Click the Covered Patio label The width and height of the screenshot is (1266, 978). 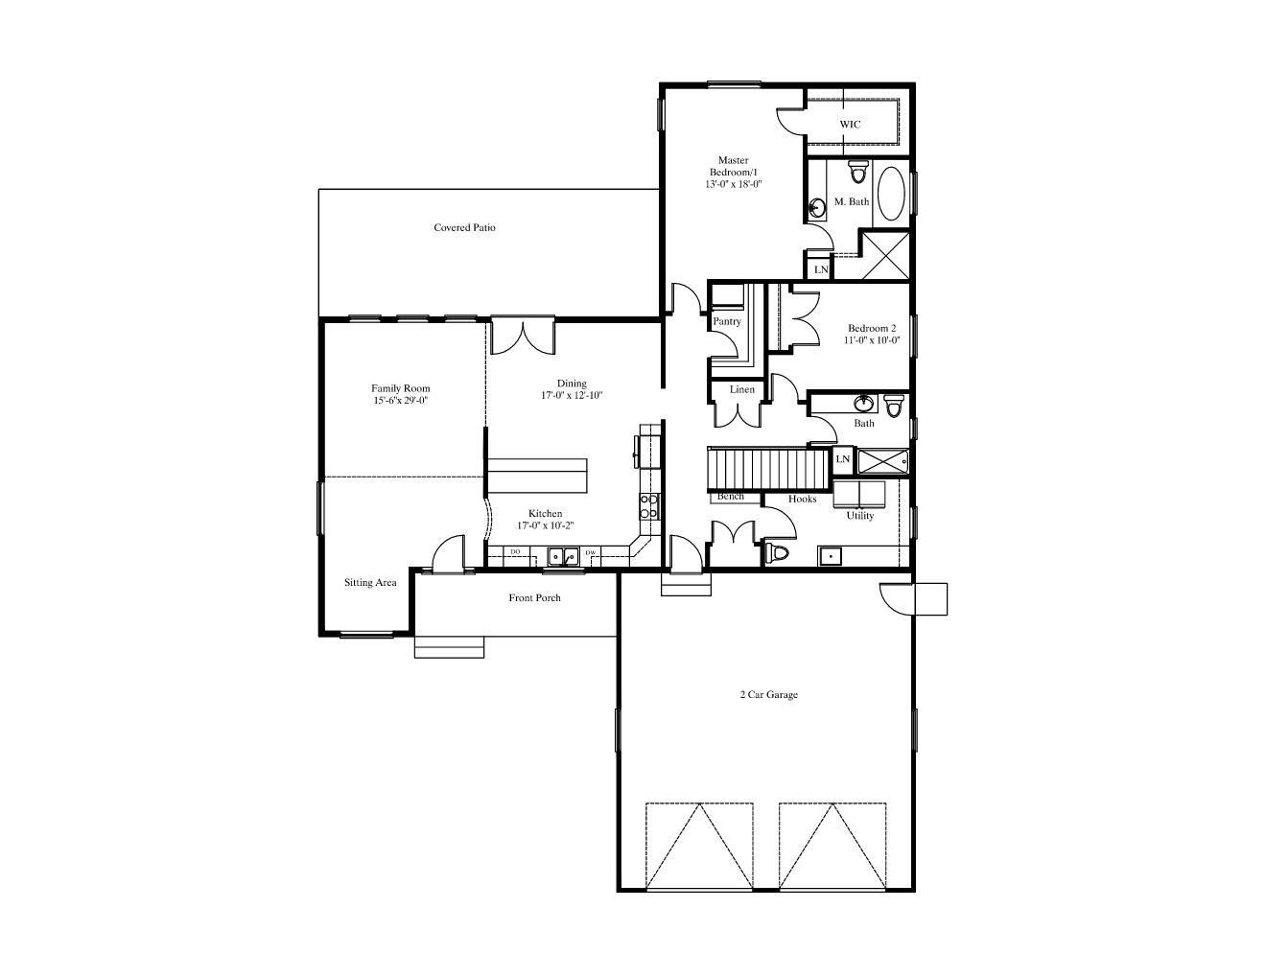[464, 227]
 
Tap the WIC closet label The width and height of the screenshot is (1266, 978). [850, 124]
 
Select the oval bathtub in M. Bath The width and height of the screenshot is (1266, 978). [891, 194]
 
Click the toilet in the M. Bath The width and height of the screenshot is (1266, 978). [857, 172]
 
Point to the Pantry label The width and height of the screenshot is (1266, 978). [726, 321]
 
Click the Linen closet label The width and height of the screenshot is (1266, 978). [741, 389]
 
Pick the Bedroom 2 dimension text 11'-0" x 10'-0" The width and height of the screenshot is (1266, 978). [872, 340]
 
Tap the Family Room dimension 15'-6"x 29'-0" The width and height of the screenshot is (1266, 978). [401, 401]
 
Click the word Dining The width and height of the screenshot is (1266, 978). [572, 384]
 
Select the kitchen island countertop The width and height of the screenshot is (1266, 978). [537, 476]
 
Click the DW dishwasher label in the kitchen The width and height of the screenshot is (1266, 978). [591, 552]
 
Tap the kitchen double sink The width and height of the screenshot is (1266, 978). [563, 557]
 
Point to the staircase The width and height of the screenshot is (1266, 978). [768, 469]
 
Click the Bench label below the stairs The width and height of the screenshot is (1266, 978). [731, 497]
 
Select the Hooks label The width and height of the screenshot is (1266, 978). [802, 499]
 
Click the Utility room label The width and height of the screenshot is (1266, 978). [860, 516]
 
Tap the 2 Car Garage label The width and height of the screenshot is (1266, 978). [768, 694]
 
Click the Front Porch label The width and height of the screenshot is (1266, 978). [534, 597]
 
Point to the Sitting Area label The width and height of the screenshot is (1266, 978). [370, 583]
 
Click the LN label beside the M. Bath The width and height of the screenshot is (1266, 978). [821, 269]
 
